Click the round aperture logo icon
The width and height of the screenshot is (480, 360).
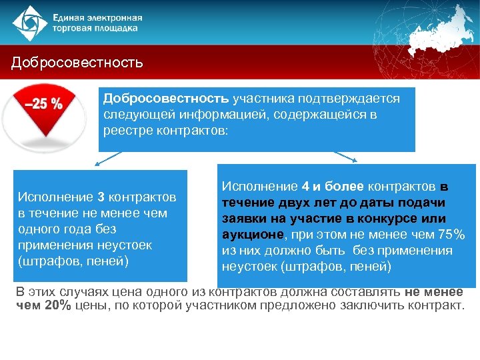[27, 22]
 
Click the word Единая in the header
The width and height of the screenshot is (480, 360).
[71, 16]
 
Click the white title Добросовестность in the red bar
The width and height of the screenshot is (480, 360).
[77, 63]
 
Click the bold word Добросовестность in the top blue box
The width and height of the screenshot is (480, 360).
[165, 99]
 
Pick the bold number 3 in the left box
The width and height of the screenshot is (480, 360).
[101, 197]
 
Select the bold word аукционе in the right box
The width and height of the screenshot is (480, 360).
[253, 235]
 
